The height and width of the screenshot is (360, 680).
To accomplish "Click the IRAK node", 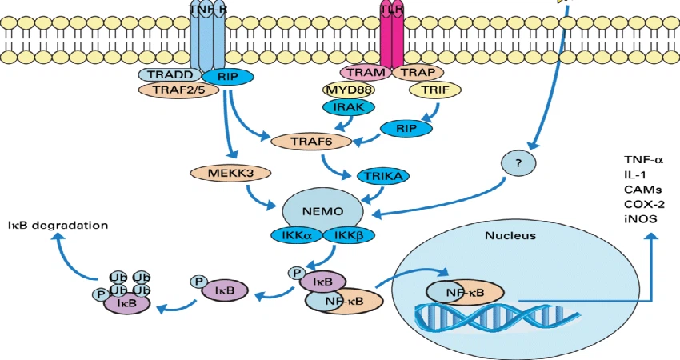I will click(348, 106).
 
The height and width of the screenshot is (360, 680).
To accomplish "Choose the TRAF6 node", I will click(310, 142).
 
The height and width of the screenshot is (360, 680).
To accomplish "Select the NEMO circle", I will click(324, 212).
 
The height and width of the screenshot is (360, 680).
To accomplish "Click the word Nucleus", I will click(510, 236).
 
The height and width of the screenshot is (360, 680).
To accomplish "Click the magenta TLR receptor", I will click(392, 36).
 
